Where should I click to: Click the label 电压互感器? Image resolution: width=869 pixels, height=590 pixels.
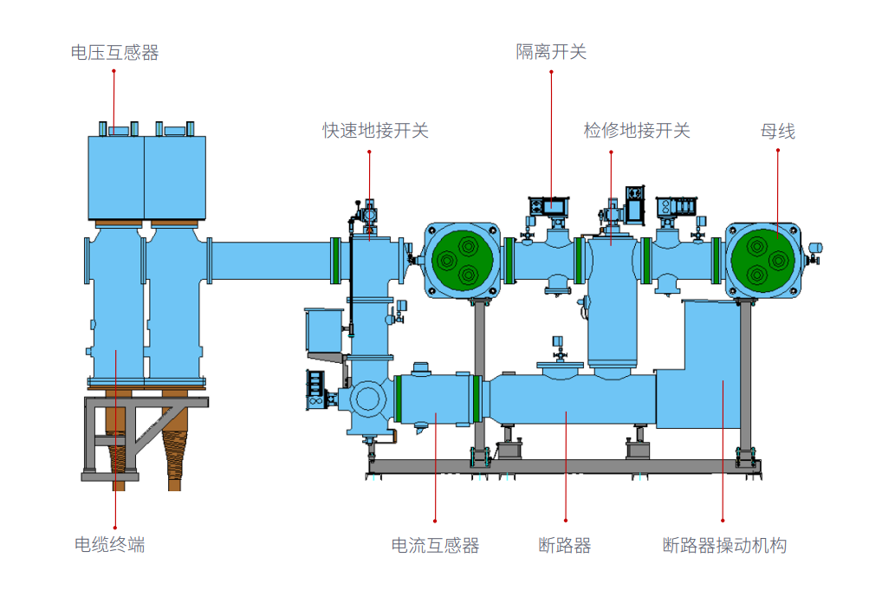click(114, 53)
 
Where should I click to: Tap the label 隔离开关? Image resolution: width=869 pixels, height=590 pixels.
click(551, 52)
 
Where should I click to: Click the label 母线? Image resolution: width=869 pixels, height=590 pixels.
click(777, 132)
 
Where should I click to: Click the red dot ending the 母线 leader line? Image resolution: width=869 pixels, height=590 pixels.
click(777, 151)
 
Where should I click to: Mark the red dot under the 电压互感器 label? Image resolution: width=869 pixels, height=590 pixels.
click(113, 72)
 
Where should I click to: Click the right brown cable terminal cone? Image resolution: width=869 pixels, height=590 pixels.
click(175, 454)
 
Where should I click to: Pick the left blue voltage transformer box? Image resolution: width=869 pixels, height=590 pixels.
click(116, 177)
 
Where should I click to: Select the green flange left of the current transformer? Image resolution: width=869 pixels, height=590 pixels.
click(399, 399)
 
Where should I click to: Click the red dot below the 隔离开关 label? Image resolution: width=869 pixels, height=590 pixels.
click(551, 72)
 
